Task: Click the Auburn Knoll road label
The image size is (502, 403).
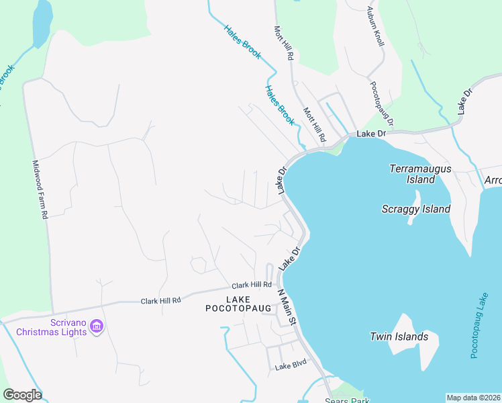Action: pyautogui.click(x=376, y=27)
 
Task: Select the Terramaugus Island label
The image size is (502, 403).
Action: pyautogui.click(x=420, y=174)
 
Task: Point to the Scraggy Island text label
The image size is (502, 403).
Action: pyautogui.click(x=416, y=209)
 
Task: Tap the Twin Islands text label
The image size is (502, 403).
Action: pyautogui.click(x=399, y=337)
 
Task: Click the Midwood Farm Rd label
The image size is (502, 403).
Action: pyautogui.click(x=41, y=189)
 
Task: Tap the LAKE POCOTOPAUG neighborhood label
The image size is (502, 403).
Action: pyautogui.click(x=238, y=304)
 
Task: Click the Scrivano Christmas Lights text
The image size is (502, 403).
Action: pyautogui.click(x=52, y=326)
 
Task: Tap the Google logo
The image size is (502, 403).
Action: pyautogui.click(x=22, y=395)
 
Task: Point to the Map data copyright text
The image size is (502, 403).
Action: pyautogui.click(x=472, y=398)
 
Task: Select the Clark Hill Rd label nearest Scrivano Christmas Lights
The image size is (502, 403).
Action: pyautogui.click(x=161, y=301)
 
